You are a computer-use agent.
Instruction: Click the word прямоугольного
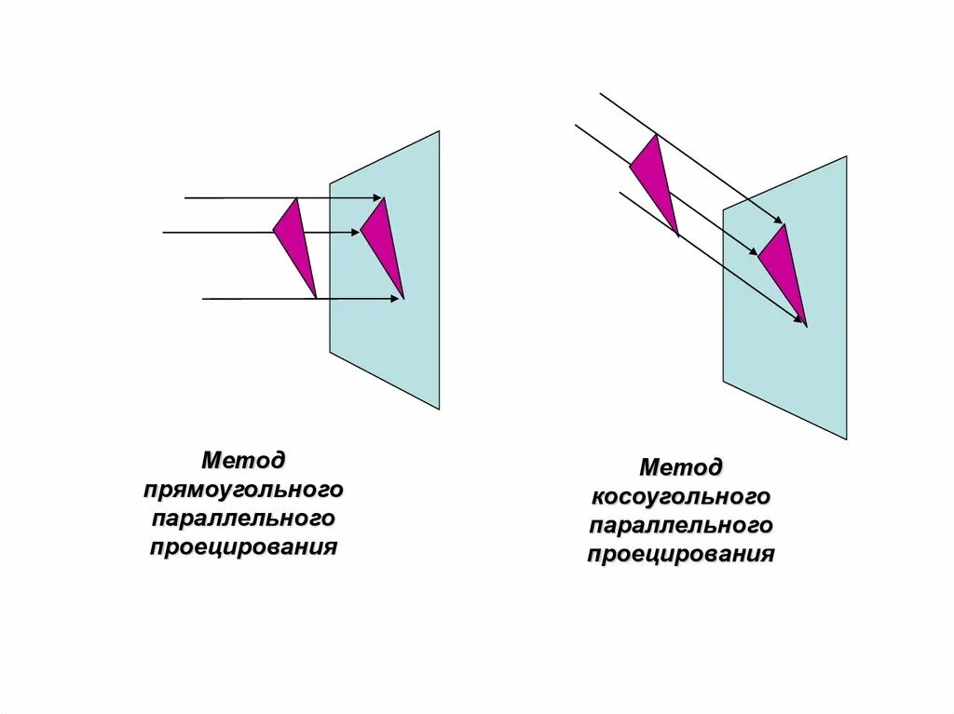[244, 489]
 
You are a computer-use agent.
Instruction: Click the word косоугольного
[681, 496]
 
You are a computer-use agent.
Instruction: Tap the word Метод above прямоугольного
[244, 460]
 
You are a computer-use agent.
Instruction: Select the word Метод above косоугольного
[681, 466]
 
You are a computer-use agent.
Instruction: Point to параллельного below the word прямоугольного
[243, 518]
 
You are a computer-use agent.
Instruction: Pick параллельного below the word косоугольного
[681, 525]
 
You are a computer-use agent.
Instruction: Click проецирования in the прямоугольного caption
[243, 546]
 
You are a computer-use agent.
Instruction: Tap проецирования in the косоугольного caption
[681, 555]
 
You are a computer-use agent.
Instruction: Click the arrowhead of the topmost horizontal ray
[377, 198]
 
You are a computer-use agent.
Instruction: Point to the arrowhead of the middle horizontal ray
[355, 232]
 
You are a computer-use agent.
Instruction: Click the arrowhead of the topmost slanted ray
[780, 220]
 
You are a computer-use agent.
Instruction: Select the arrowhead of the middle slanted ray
[753, 251]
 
